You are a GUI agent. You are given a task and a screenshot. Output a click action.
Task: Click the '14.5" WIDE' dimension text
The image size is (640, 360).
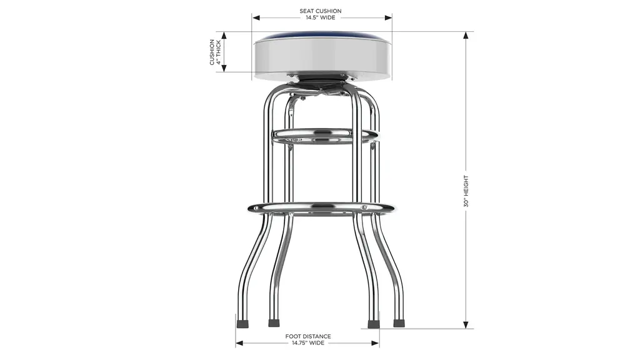pyautogui.click(x=321, y=17)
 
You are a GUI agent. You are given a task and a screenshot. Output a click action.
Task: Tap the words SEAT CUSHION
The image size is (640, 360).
pyautogui.click(x=321, y=11)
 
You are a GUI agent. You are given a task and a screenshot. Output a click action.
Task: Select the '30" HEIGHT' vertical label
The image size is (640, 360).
pyautogui.click(x=466, y=191)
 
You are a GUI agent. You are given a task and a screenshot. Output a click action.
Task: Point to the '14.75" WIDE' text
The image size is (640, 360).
pyautogui.click(x=308, y=343)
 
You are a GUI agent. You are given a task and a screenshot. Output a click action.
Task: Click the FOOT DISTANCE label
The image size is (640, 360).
pyautogui.click(x=308, y=336)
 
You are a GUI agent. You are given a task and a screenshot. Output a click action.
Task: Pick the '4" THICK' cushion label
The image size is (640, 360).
pyautogui.click(x=219, y=52)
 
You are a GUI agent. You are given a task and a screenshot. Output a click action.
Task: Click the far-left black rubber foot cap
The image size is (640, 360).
pyautogui.click(x=243, y=324)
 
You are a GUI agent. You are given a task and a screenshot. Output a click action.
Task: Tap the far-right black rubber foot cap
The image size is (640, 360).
pyautogui.click(x=399, y=323)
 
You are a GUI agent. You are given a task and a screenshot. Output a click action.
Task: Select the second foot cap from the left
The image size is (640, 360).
pyautogui.click(x=274, y=323)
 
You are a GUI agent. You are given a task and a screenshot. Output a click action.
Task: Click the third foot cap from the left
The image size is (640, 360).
pyautogui.click(x=373, y=324)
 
